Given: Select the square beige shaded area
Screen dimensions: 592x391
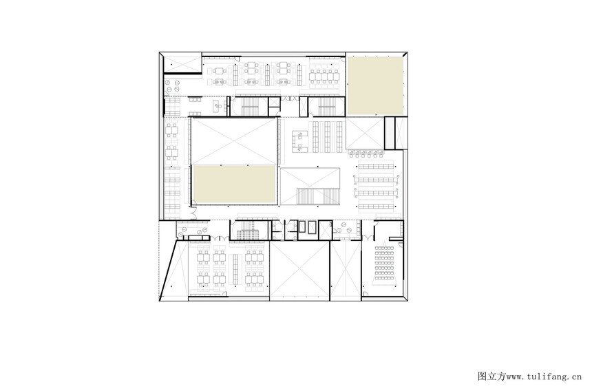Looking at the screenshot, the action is pyautogui.click(x=375, y=85).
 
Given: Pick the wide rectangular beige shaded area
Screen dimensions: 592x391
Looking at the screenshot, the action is pyautogui.click(x=234, y=184).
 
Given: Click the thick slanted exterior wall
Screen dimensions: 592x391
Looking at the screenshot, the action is pyautogui.click(x=169, y=269).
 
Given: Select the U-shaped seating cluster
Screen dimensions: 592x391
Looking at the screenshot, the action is pyautogui.click(x=301, y=141).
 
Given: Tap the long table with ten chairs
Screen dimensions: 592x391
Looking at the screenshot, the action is pyautogui.click(x=325, y=76).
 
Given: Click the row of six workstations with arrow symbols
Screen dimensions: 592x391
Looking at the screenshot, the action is pyautogui.click(x=366, y=154).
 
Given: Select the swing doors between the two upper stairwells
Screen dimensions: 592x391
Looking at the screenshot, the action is pyautogui.click(x=290, y=99).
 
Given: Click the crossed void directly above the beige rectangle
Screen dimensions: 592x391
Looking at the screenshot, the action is pyautogui.click(x=234, y=141).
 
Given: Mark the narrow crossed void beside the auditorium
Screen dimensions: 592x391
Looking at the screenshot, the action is pyautogui.click(x=346, y=271).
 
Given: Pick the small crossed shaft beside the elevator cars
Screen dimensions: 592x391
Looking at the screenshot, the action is pyautogui.click(x=325, y=230).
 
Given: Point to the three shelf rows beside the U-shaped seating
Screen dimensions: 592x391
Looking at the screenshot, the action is pyautogui.click(x=328, y=136).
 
